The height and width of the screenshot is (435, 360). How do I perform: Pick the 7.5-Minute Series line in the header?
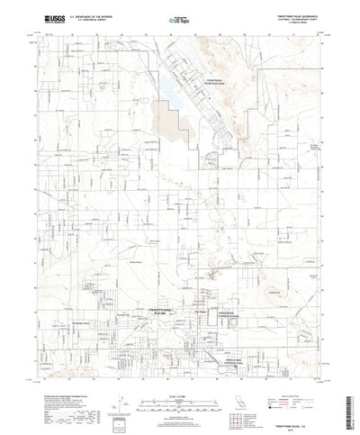click(296, 22)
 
